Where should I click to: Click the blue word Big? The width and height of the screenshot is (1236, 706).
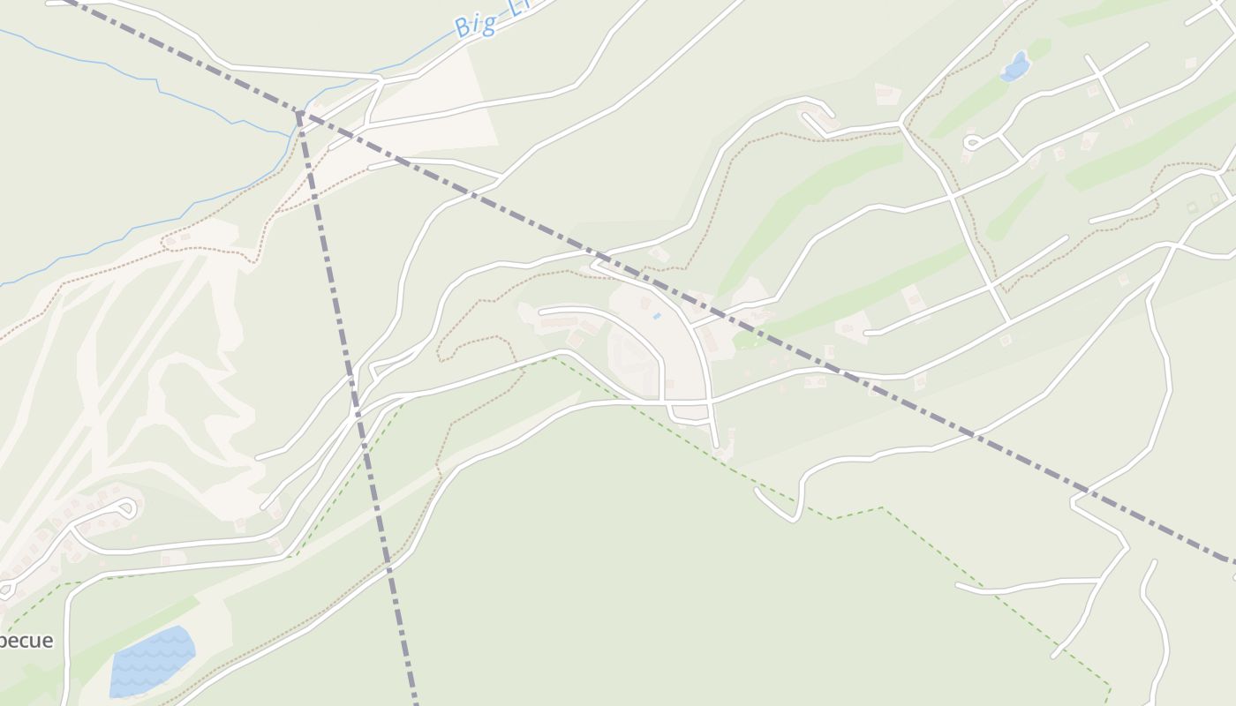pyautogui.click(x=474, y=25)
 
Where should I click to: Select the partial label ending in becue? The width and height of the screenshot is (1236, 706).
pyautogui.click(x=26, y=641)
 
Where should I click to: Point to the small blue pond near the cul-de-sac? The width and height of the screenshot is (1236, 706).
pyautogui.click(x=1015, y=67)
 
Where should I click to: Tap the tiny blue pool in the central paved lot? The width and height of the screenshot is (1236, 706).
pyautogui.click(x=656, y=316)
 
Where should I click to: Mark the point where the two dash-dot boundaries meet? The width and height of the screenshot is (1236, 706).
pyautogui.click(x=300, y=113)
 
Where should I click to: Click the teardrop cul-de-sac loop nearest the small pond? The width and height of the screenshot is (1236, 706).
pyautogui.click(x=972, y=141)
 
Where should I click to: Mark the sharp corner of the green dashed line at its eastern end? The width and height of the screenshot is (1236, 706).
pyautogui.click(x=1110, y=687)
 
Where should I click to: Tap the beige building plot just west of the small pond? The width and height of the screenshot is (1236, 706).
pyautogui.click(x=886, y=94)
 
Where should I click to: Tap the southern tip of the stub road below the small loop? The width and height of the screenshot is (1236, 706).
pyautogui.click(x=717, y=446)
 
